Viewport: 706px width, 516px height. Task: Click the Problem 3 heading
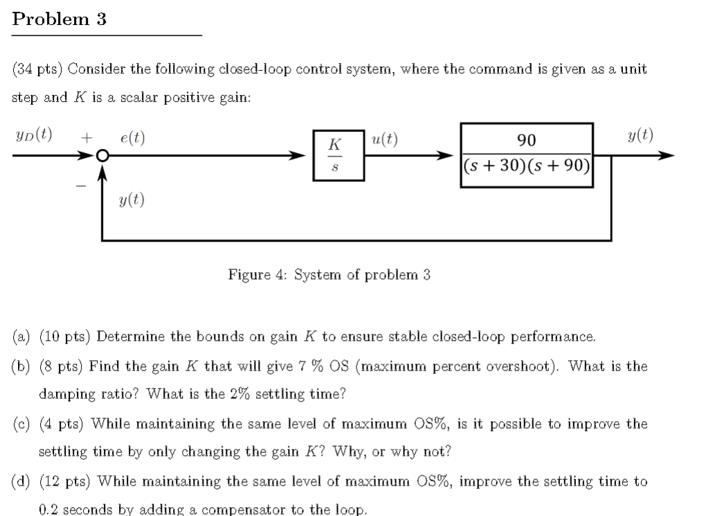click(x=60, y=19)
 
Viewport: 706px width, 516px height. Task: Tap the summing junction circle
click(x=102, y=157)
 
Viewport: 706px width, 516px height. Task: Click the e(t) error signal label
click(x=132, y=138)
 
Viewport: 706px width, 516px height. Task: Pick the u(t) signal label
click(x=385, y=138)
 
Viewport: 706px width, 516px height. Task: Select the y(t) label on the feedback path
click(x=132, y=201)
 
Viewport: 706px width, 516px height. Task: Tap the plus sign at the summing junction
click(x=86, y=138)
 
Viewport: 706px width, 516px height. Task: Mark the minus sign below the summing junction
click(x=81, y=186)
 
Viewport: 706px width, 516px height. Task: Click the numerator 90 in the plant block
click(x=527, y=141)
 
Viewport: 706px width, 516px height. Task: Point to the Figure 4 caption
click(x=329, y=275)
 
